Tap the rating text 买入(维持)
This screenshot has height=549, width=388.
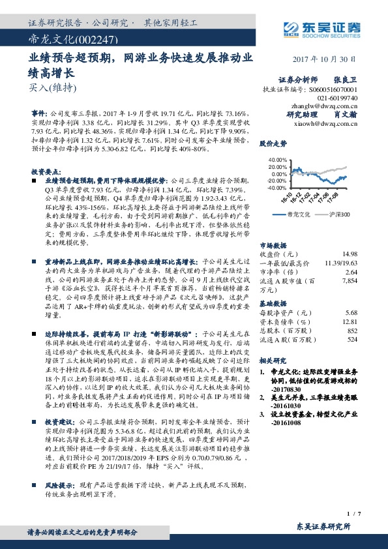pyautogui.click(x=44, y=87)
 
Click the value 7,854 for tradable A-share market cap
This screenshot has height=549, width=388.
pyautogui.click(x=349, y=261)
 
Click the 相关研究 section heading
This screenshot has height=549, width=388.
pyautogui.click(x=273, y=360)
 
